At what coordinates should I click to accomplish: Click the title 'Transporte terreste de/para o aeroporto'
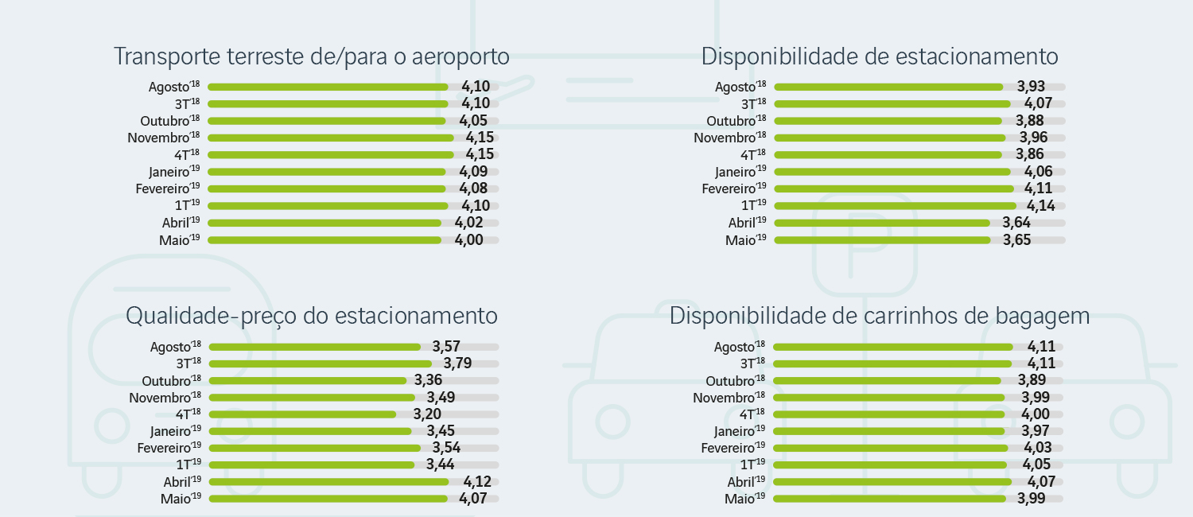tap(311, 57)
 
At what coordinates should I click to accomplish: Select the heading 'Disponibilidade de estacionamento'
tap(880, 57)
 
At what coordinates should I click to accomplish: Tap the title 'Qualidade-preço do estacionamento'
tap(312, 316)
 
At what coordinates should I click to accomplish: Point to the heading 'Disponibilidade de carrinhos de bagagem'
tap(880, 316)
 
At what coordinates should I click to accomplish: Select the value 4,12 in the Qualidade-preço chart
tap(476, 481)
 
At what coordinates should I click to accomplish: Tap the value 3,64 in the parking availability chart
tap(1016, 223)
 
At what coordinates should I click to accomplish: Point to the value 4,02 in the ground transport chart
tap(468, 223)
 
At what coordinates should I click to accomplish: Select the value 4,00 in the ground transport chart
tap(468, 239)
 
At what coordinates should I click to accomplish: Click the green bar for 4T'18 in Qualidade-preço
tap(302, 414)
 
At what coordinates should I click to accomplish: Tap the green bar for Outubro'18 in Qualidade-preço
tap(308, 380)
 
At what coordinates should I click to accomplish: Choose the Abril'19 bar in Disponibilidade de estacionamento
tap(882, 224)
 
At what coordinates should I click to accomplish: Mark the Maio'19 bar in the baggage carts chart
tap(889, 499)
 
